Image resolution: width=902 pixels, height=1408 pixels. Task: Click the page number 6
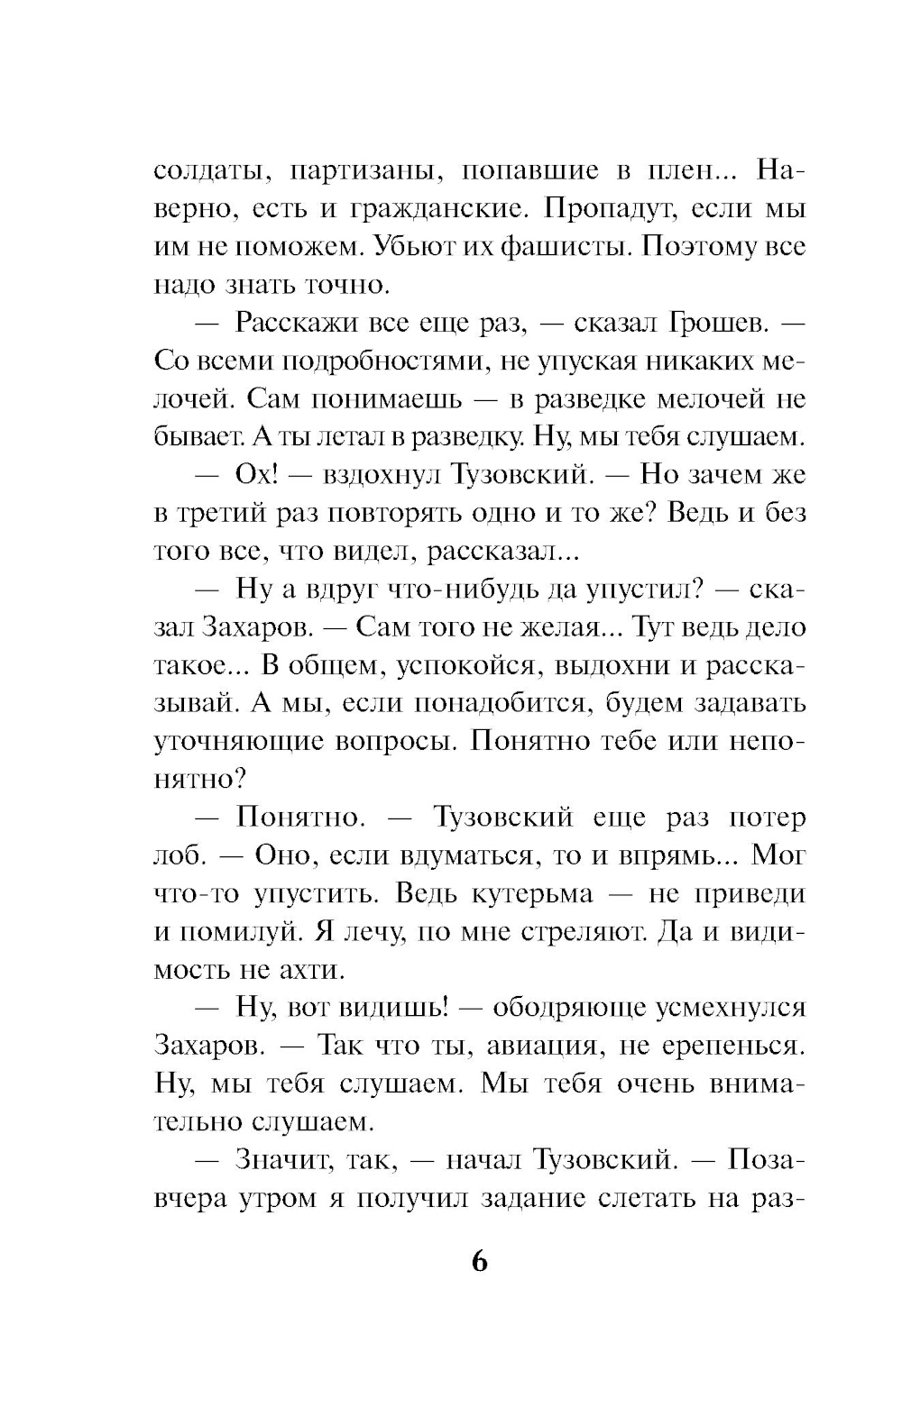click(x=479, y=1261)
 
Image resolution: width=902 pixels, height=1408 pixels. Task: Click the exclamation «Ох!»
click(x=262, y=474)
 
